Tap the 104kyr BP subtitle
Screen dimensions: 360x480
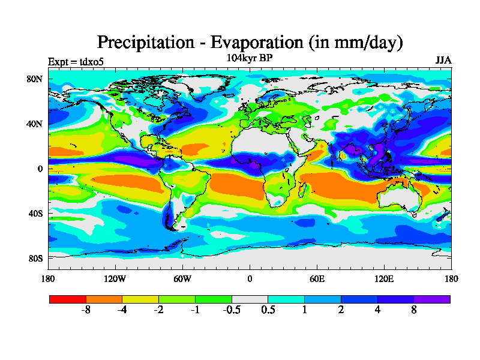(250, 58)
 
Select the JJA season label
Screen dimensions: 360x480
(443, 61)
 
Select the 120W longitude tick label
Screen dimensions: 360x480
(115, 278)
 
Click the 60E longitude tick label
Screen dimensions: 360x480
(317, 278)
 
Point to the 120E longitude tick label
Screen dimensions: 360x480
(384, 278)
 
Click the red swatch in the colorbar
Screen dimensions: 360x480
(68, 298)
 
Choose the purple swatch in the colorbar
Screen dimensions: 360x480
(432, 298)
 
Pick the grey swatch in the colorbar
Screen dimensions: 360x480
(250, 298)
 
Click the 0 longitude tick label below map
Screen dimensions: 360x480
(250, 278)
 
